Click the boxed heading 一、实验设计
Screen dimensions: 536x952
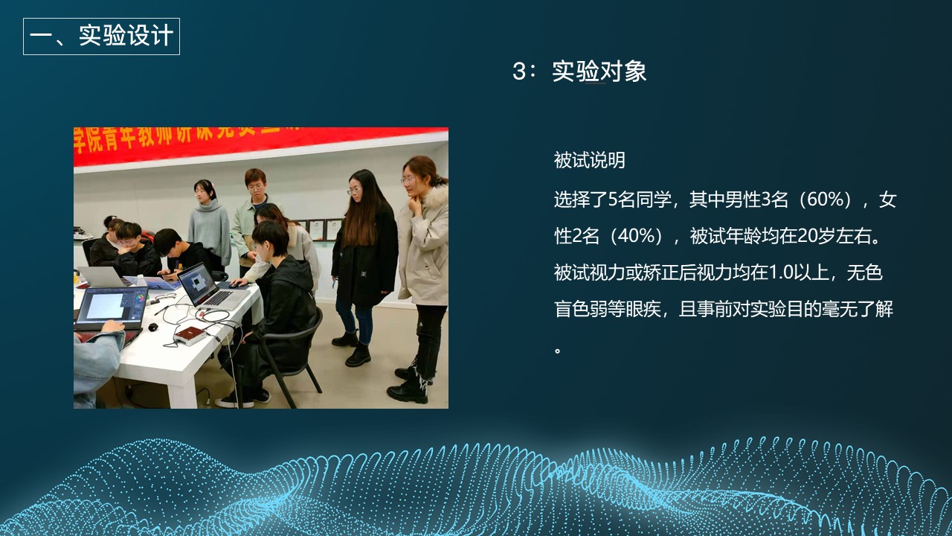pos(101,36)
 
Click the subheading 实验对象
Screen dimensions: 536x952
pos(599,71)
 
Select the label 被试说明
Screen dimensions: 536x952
pos(589,160)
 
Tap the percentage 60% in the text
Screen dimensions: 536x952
pos(825,200)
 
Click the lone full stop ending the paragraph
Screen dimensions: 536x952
pos(558,348)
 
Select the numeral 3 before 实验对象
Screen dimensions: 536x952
pos(519,71)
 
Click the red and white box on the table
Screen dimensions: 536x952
pos(190,335)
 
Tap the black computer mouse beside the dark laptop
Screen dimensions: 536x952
pos(153,327)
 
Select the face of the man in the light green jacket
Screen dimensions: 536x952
pos(256,182)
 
